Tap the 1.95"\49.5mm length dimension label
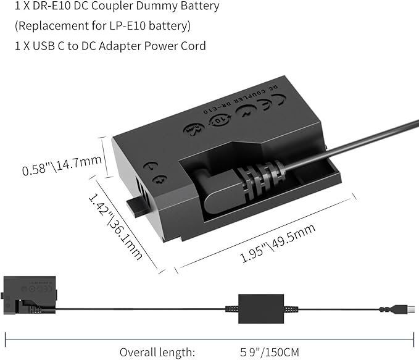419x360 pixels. (277, 244)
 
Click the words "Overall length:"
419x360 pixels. (157, 353)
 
